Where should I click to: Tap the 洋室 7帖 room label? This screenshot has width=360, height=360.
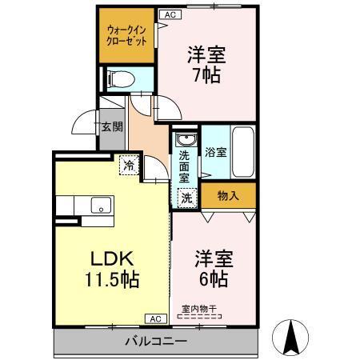pyautogui.click(x=206, y=66)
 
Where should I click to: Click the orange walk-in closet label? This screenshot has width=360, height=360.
pyautogui.click(x=126, y=36)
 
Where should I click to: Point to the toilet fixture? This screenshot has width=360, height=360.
pyautogui.click(x=118, y=78)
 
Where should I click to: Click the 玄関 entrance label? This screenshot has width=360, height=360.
pyautogui.click(x=111, y=126)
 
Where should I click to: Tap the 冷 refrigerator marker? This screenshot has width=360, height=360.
pyautogui.click(x=128, y=166)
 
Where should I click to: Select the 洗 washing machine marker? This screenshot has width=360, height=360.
pyautogui.click(x=186, y=197)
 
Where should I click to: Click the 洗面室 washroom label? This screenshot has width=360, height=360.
pyautogui.click(x=186, y=165)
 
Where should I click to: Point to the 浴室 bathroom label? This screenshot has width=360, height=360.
pyautogui.click(x=214, y=151)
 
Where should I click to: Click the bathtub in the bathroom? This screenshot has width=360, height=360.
pyautogui.click(x=242, y=153)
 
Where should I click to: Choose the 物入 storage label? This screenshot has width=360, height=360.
pyautogui.click(x=228, y=194)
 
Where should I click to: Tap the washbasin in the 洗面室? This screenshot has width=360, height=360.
pyautogui.click(x=185, y=139)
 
